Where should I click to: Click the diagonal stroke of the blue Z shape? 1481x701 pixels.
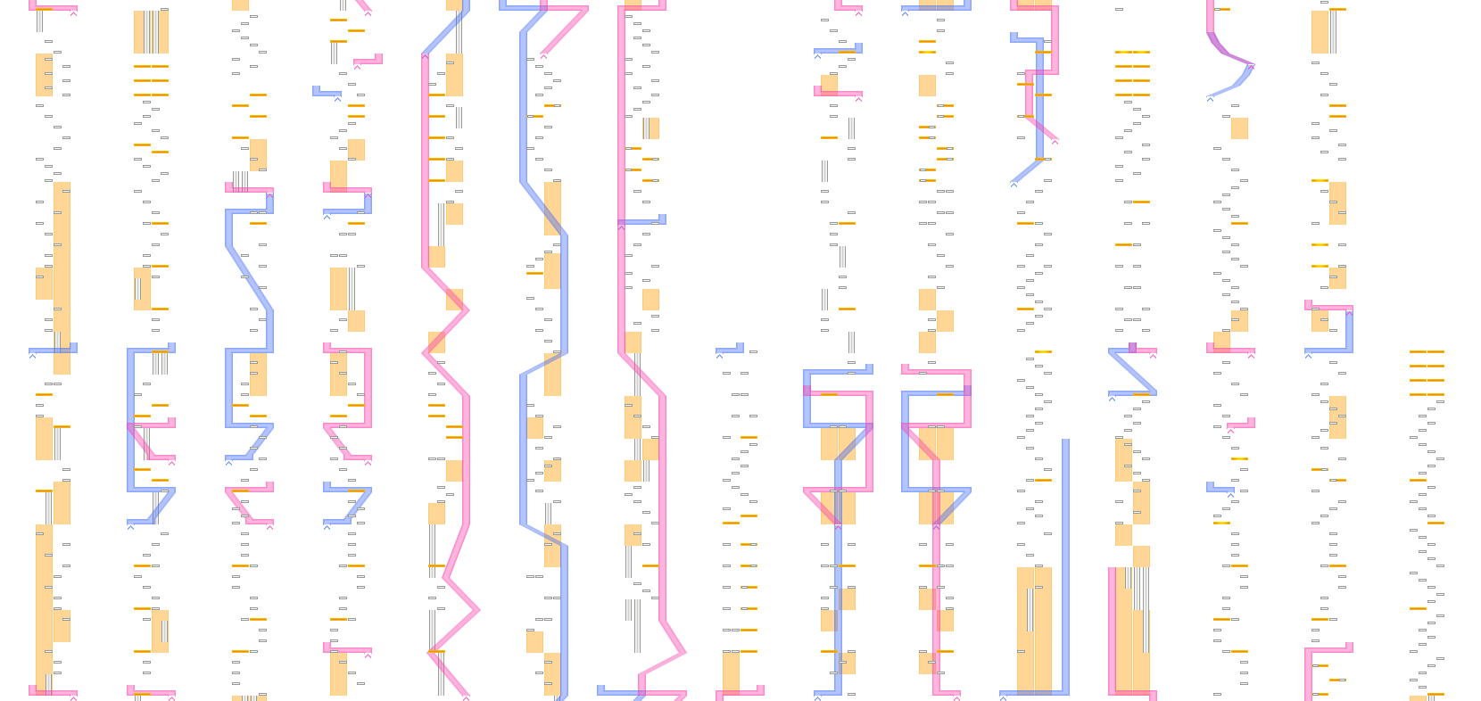tap(1132, 371)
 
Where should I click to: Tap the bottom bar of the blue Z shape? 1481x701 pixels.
tap(1132, 392)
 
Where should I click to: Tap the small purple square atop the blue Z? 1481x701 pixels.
tap(1132, 346)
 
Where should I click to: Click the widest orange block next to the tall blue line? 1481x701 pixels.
tap(1034, 629)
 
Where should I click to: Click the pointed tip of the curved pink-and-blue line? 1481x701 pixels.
tap(1253, 65)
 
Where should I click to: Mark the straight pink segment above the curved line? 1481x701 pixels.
tap(1211, 16)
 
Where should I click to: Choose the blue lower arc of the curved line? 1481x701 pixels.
tap(1236, 85)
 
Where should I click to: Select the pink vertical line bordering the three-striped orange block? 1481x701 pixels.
tap(1113, 629)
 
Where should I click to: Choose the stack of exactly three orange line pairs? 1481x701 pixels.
tap(1427, 371)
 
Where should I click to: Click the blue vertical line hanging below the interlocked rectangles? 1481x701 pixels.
tap(838, 606)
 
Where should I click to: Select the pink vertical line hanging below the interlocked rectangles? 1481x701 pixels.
tap(936, 606)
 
